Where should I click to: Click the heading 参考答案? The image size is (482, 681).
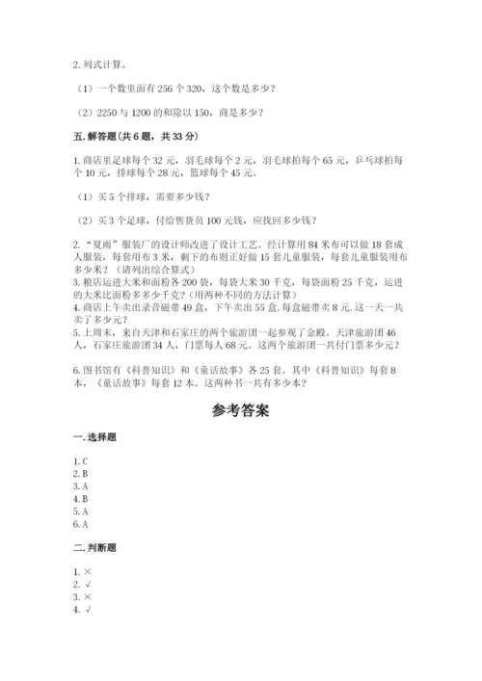point(240,410)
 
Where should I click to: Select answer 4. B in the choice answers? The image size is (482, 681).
point(80,500)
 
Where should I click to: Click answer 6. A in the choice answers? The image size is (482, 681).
point(80,524)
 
